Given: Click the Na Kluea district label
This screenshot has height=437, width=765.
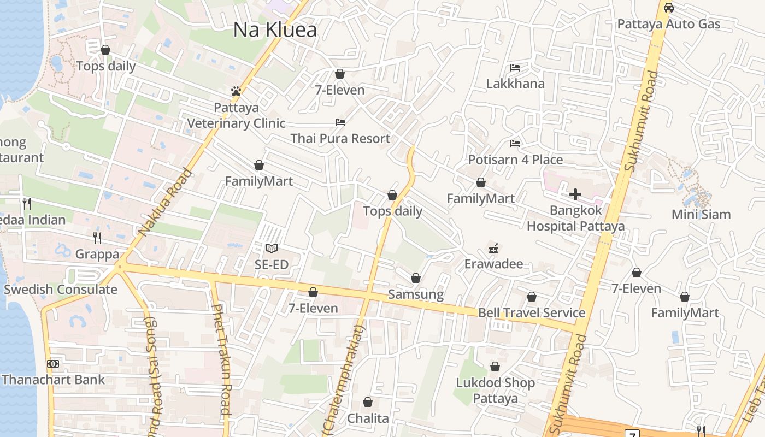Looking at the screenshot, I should [x=275, y=30].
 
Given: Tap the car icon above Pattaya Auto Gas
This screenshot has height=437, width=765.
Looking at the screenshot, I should [x=668, y=8].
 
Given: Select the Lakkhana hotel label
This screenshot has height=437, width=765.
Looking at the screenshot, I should [x=515, y=84].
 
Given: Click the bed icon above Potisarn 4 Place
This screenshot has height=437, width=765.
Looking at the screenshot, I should [x=515, y=144].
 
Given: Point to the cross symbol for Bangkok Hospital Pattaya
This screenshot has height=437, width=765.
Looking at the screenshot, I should [x=575, y=194].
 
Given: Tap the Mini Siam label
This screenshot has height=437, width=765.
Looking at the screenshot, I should [x=701, y=214].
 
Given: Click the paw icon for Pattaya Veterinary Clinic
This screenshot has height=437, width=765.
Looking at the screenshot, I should [x=236, y=91].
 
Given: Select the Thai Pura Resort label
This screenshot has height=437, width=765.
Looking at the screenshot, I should [x=340, y=139].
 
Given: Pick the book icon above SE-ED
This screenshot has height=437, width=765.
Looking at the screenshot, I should [x=272, y=249].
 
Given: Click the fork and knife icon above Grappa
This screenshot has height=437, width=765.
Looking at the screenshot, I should [x=97, y=238].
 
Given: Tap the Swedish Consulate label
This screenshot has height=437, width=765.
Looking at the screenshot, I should [x=61, y=290].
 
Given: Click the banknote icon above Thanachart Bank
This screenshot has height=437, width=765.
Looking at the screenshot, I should [x=53, y=363].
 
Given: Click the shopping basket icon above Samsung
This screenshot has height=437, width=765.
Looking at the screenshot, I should [x=416, y=278].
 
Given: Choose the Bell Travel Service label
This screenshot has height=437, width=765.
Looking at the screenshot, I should [x=532, y=313].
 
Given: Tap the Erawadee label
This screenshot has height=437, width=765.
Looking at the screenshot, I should [x=493, y=264].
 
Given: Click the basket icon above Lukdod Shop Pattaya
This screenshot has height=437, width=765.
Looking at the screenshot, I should [x=495, y=367].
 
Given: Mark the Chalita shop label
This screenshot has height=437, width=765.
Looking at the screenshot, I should [x=368, y=418].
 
